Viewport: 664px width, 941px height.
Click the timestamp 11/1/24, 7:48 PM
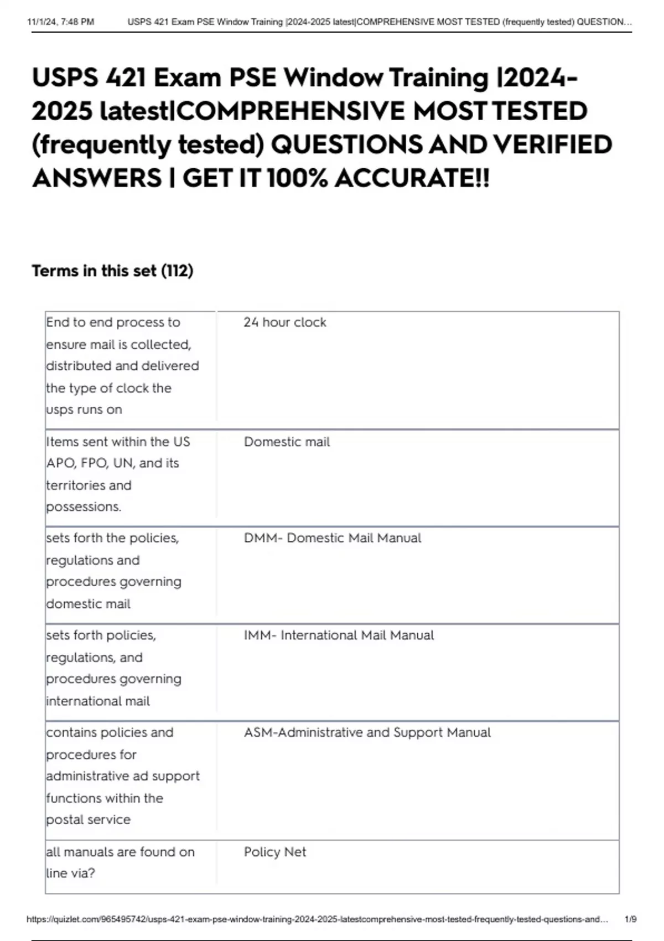coord(60,22)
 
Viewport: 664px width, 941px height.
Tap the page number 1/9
coord(630,919)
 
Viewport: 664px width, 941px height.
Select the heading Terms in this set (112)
coord(112,271)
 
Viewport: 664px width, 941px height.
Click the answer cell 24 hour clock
coord(284,322)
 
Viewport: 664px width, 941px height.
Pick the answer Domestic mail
coord(287,442)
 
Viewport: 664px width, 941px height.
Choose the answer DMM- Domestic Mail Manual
coord(332,538)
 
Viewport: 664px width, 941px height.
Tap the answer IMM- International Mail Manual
coord(339,635)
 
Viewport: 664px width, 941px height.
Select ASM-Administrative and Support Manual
coord(367,732)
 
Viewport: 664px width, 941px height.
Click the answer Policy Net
coord(274,852)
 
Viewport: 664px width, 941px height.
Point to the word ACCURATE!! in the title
coord(412,178)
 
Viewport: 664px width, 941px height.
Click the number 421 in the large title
coord(126,77)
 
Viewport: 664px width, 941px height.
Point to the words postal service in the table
coord(88,819)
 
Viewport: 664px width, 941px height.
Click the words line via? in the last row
coord(70,873)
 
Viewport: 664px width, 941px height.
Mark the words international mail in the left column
coord(98,701)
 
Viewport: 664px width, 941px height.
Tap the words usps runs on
coord(84,410)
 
